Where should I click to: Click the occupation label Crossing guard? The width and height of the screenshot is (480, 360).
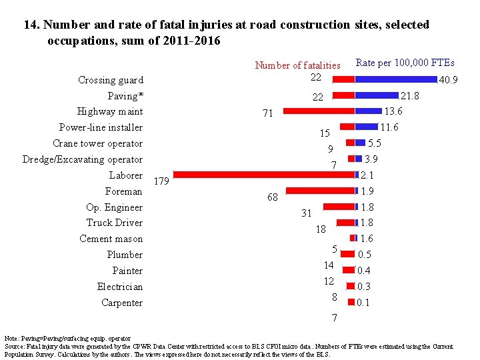point(110,80)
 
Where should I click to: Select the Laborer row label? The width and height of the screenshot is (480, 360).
point(126,175)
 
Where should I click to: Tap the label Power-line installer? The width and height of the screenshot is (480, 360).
point(101,127)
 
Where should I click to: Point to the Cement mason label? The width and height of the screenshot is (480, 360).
point(111,239)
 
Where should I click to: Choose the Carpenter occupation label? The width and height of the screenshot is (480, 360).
point(122,303)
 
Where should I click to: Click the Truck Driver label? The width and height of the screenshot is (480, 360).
point(114,223)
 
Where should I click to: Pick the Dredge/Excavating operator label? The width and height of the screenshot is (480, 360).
point(82,159)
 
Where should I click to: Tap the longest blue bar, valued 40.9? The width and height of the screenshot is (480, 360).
point(397,79)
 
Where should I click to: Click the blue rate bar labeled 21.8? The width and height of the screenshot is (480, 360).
point(377,95)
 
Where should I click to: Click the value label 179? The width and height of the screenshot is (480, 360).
point(162,181)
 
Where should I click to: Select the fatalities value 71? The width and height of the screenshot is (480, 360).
point(267,114)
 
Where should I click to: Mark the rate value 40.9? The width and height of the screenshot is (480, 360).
point(449,80)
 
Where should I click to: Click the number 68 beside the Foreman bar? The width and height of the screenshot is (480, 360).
point(272,197)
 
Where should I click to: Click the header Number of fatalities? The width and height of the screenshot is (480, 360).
point(297,65)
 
